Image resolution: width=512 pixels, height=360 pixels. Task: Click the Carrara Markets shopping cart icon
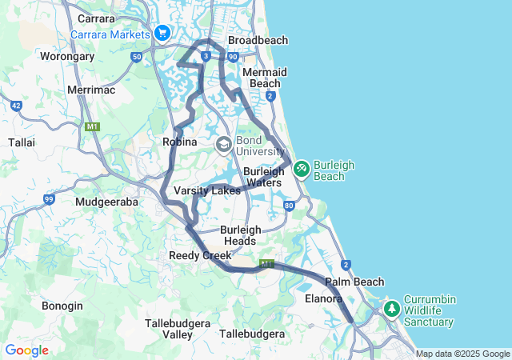click(x=162, y=33)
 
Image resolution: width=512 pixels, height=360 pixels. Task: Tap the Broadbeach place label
click(x=258, y=40)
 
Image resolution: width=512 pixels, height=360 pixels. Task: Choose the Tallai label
click(x=21, y=142)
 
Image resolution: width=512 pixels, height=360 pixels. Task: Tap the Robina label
click(x=180, y=142)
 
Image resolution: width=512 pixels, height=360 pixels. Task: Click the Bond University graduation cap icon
click(x=223, y=144)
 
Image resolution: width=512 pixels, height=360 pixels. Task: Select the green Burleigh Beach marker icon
click(x=301, y=169)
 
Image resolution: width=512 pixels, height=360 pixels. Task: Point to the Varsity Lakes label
click(x=207, y=191)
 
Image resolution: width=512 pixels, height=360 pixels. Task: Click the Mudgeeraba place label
click(x=106, y=202)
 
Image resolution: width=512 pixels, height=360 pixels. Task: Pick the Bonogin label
click(x=62, y=306)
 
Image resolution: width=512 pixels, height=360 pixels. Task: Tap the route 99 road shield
click(x=49, y=198)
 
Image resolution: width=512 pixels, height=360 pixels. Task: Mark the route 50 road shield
click(x=137, y=57)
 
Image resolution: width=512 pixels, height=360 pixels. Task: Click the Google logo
click(x=26, y=350)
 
